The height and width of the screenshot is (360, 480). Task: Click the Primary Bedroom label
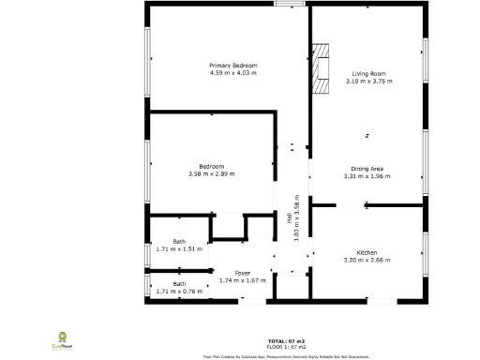pos(232,65)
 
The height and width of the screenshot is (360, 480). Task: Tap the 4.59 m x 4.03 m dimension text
pos(232,72)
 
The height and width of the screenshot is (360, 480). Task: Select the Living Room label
pos(368,73)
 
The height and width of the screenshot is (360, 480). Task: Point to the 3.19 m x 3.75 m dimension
pos(368,81)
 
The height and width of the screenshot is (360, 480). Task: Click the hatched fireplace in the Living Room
pos(322,69)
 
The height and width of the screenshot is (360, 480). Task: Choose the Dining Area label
pos(366,169)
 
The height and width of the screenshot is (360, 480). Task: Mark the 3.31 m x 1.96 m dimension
pos(366,176)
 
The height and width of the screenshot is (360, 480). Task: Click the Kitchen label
pos(367,252)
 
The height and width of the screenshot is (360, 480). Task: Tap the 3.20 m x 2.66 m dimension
pos(367,260)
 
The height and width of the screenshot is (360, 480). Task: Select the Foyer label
pos(243,273)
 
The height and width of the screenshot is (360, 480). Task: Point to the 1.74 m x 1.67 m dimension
pos(243,280)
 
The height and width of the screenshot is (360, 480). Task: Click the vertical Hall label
pos(290,217)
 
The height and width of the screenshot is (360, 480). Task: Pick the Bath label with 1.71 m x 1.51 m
pos(178,242)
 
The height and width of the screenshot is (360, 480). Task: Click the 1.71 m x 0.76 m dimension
pos(178,291)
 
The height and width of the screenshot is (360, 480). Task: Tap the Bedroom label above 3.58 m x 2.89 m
pos(211,166)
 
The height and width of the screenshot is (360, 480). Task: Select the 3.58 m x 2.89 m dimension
pos(211,173)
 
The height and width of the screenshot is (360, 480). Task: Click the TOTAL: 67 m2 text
pos(287,340)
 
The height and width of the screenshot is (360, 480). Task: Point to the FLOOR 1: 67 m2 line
pos(287,347)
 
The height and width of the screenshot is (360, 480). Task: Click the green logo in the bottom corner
pos(64,339)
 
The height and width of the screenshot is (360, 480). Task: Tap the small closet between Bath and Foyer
pos(227,227)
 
